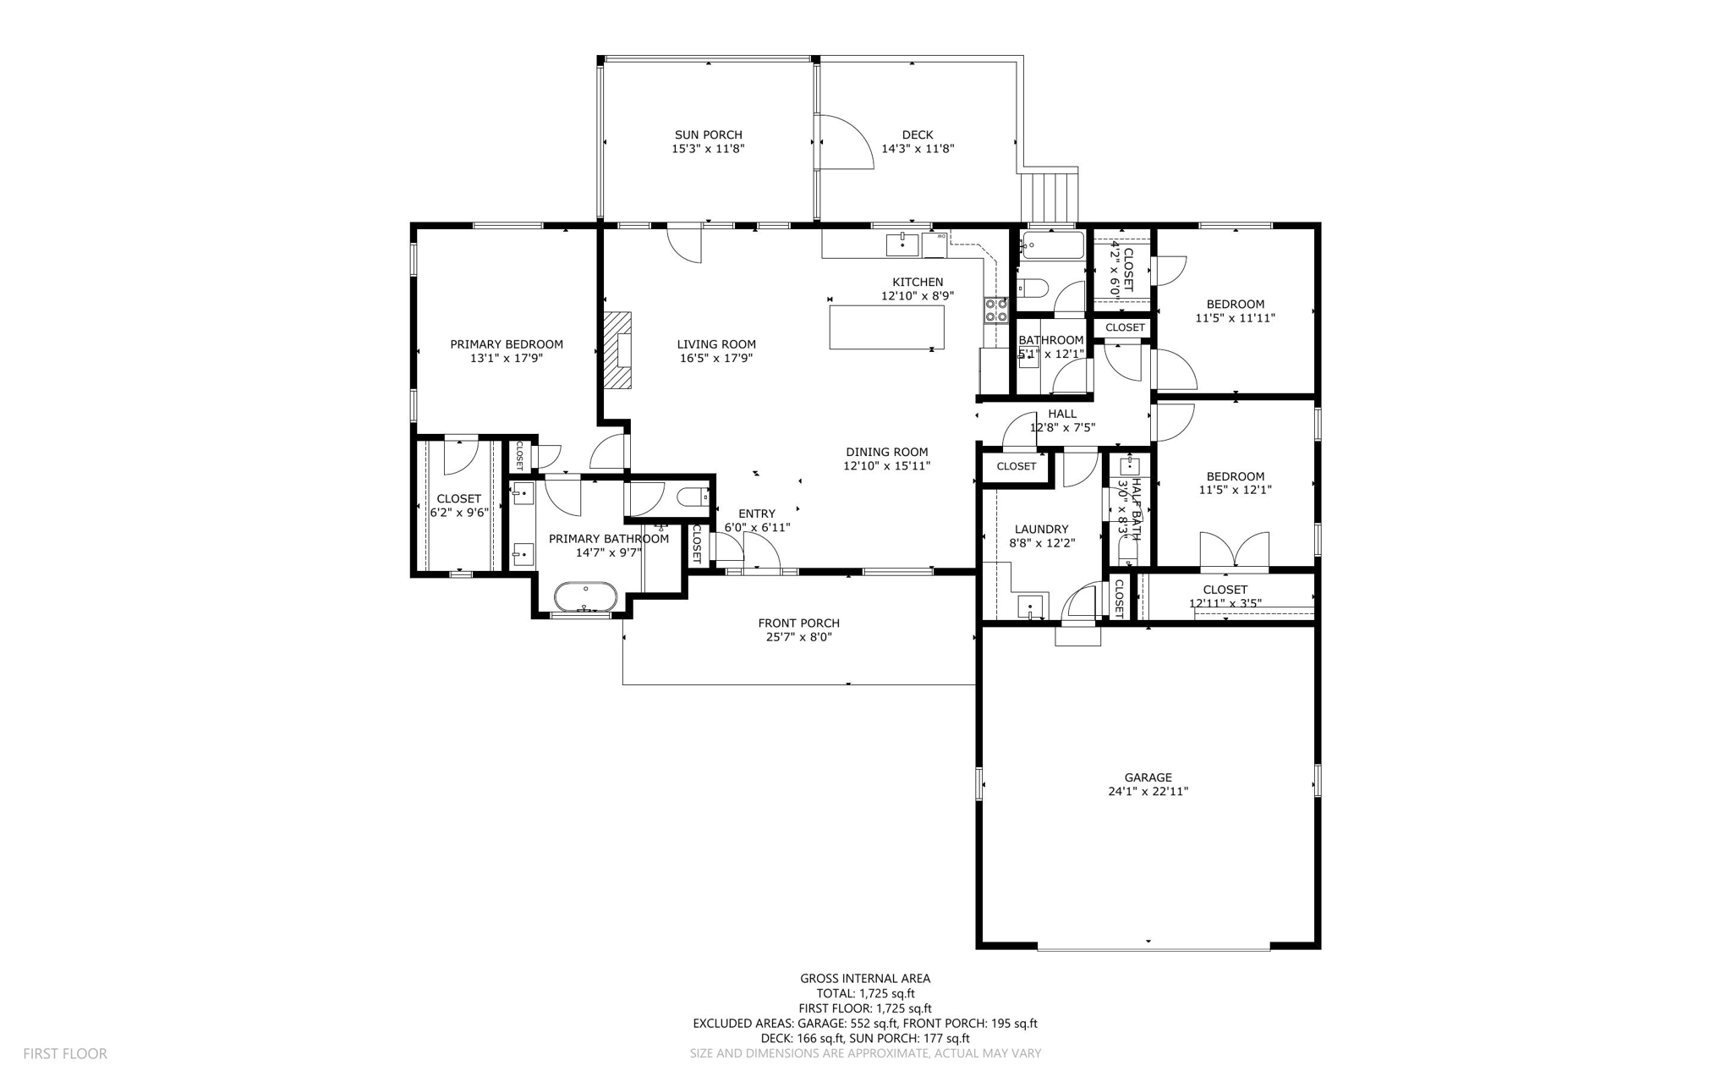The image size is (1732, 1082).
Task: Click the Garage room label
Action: (1148, 777)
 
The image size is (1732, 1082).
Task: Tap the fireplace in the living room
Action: (618, 349)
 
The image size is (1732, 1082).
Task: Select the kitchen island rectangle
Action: (886, 327)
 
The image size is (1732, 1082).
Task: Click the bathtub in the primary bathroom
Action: (585, 597)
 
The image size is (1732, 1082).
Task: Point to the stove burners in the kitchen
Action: (995, 310)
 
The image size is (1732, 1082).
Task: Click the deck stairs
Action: (1049, 197)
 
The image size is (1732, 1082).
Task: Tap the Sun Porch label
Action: (708, 135)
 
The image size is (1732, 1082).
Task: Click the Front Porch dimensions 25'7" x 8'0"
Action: (798, 637)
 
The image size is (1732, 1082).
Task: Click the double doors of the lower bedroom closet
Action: (1235, 550)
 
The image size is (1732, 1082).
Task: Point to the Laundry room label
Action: (1041, 529)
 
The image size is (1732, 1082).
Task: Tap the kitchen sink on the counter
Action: (902, 245)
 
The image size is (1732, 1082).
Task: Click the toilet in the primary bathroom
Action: (694, 498)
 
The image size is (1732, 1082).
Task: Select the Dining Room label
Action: (886, 452)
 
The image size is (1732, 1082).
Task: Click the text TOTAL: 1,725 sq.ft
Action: (865, 993)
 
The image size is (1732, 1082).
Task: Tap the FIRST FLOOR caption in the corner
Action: (65, 1053)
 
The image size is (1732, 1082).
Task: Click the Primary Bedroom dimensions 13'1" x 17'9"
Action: (506, 358)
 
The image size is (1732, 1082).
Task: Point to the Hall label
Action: (1062, 414)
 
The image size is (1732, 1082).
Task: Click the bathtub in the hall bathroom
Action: (1051, 246)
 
